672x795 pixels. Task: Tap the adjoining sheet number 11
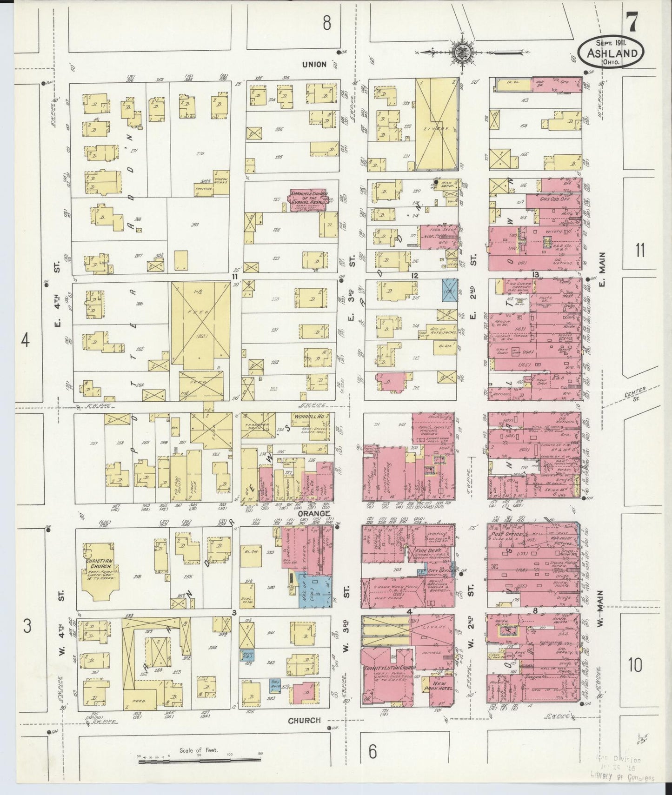(x=640, y=251)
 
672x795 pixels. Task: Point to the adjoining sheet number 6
(x=373, y=752)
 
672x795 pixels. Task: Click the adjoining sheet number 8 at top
(x=326, y=23)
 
